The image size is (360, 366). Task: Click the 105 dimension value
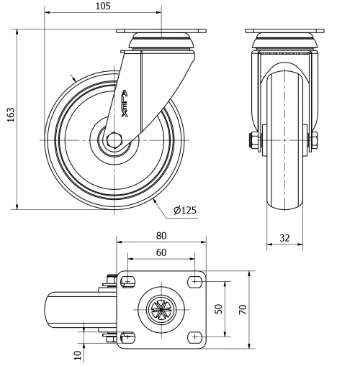(102, 6)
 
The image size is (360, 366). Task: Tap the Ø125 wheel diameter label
(184, 211)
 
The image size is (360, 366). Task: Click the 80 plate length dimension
(161, 235)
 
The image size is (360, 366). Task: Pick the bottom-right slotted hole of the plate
(194, 336)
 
